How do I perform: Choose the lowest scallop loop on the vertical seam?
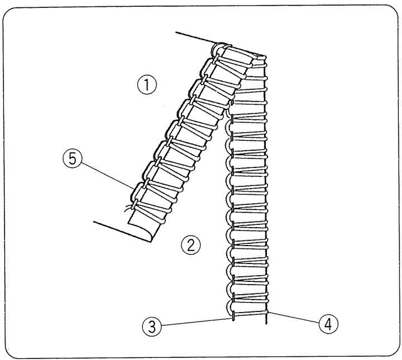click(231, 306)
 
